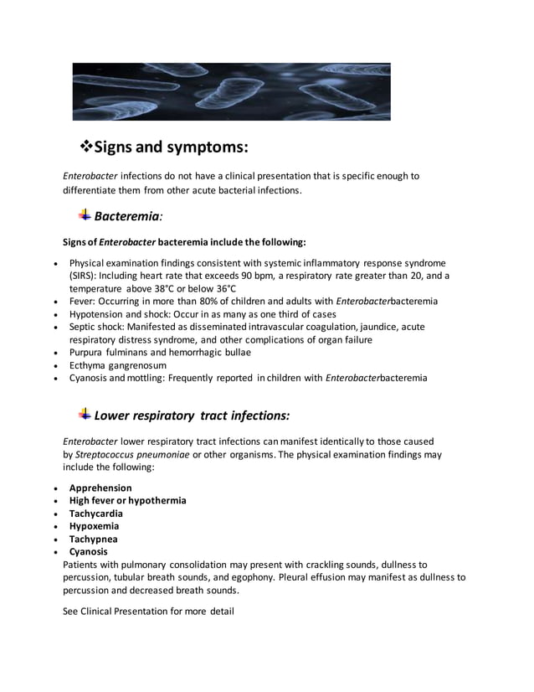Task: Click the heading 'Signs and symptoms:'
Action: pos(172,147)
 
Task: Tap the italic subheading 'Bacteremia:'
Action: pos(128,216)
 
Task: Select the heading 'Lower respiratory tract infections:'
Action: pos(193,415)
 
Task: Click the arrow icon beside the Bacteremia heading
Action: pos(85,215)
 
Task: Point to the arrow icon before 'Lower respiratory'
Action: pos(85,414)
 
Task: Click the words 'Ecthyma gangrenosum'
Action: pos(117,365)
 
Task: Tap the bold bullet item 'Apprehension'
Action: pos(100,488)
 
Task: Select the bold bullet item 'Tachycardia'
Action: pos(96,514)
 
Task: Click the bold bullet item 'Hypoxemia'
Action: pos(94,526)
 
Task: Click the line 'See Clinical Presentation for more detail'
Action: pos(148,612)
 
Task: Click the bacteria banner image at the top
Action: pos(231,92)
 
